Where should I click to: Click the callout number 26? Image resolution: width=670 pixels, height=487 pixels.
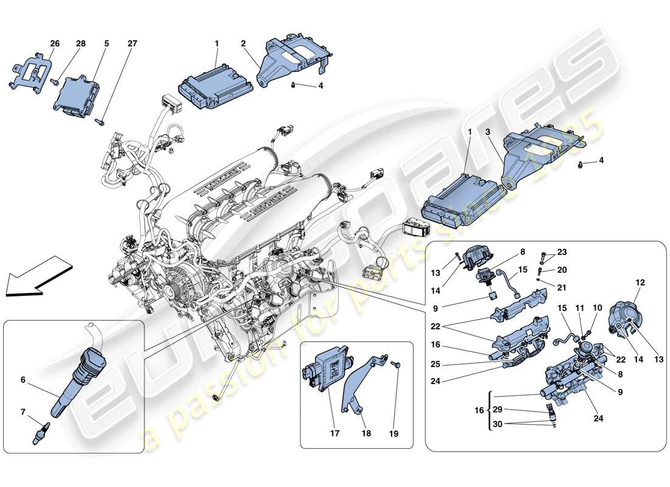55,43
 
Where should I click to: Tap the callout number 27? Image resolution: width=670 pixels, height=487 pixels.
132,43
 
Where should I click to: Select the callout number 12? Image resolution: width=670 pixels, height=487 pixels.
640,282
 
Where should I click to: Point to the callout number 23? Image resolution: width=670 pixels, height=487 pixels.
562,253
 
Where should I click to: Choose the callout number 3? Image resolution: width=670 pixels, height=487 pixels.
488,131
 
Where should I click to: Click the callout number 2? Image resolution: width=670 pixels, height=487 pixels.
242,43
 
